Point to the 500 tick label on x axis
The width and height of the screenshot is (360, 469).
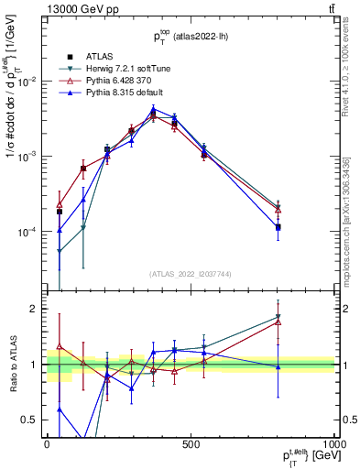pos(190,443)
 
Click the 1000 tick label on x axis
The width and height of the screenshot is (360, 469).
pos(331,443)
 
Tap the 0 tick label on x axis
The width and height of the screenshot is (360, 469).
pos(47,443)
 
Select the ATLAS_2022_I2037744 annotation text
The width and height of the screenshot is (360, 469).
pos(190,275)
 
